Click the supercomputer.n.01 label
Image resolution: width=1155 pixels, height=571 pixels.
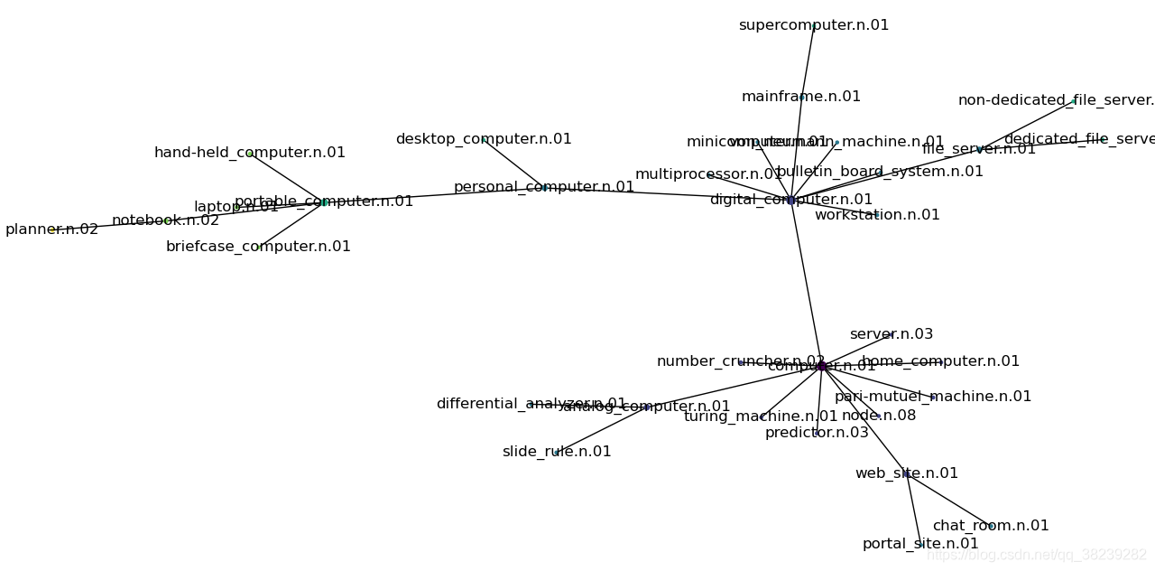[813, 25]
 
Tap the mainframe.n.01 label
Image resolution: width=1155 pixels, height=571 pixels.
[800, 97]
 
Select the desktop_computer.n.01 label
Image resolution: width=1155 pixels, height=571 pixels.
[484, 139]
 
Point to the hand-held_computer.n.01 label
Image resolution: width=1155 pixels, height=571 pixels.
[250, 153]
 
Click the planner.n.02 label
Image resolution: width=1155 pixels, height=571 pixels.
[51, 229]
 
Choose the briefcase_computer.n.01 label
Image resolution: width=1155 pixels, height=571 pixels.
[258, 247]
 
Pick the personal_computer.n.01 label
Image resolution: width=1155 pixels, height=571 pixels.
[543, 187]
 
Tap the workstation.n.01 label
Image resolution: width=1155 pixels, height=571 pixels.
[877, 215]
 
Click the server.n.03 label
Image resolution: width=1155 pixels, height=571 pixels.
[892, 334]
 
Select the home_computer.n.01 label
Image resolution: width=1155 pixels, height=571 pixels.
[940, 361]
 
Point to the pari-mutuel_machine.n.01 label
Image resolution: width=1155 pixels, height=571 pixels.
[933, 397]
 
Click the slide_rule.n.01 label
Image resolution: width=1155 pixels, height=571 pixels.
[557, 452]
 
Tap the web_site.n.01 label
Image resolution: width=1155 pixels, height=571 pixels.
[907, 473]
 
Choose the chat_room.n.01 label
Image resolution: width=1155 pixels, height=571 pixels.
[991, 526]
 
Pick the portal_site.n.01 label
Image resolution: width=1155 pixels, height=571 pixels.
[920, 544]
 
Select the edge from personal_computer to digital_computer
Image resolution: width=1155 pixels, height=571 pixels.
[668, 193]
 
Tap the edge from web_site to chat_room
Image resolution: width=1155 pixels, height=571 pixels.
[947, 499]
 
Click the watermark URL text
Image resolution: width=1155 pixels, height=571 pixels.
[1038, 555]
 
